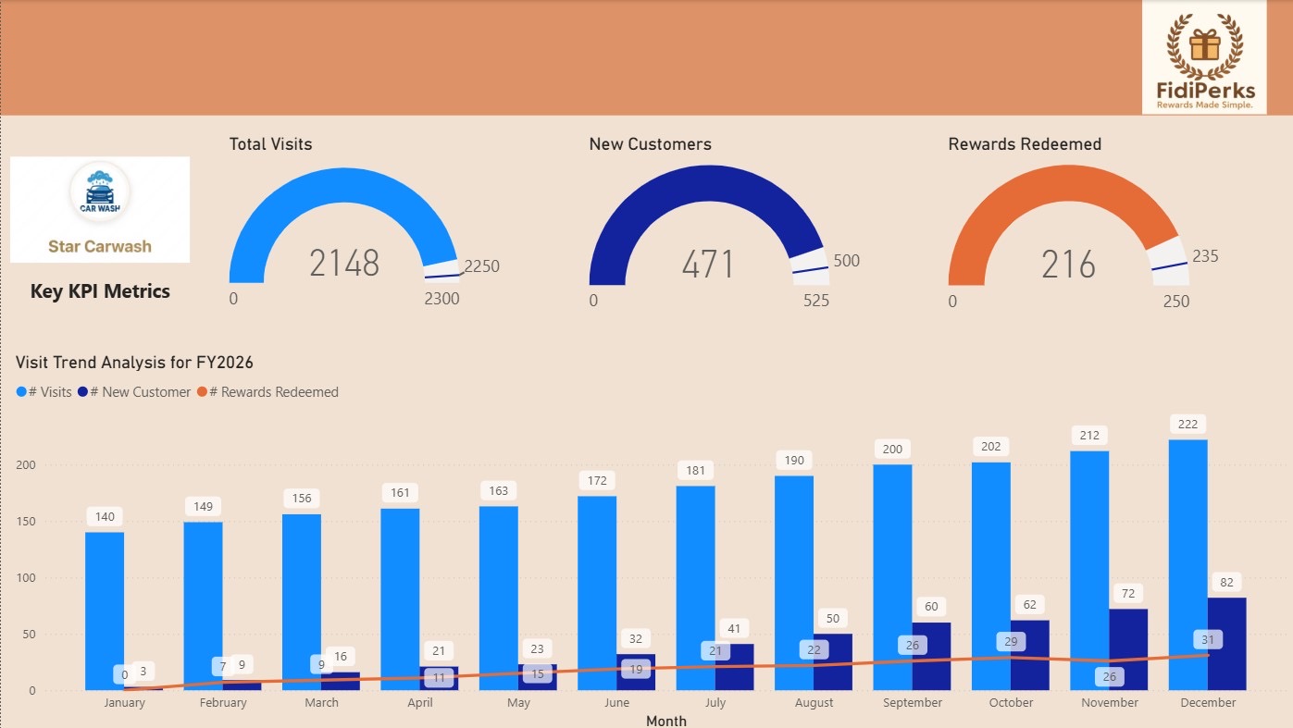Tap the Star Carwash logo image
tap(100, 209)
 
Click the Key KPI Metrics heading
tap(100, 291)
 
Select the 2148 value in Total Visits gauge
tap(344, 265)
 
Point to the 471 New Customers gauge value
tap(708, 265)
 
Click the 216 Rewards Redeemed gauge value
tap(1068, 265)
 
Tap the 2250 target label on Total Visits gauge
tap(481, 266)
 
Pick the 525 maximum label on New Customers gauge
tap(815, 301)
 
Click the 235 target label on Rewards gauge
tap(1205, 256)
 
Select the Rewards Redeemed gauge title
tap(1025, 144)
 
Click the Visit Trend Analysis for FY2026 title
tap(134, 363)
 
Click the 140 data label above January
tap(105, 516)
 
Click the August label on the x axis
tap(814, 703)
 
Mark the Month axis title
tap(666, 721)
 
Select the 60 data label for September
tap(931, 607)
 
